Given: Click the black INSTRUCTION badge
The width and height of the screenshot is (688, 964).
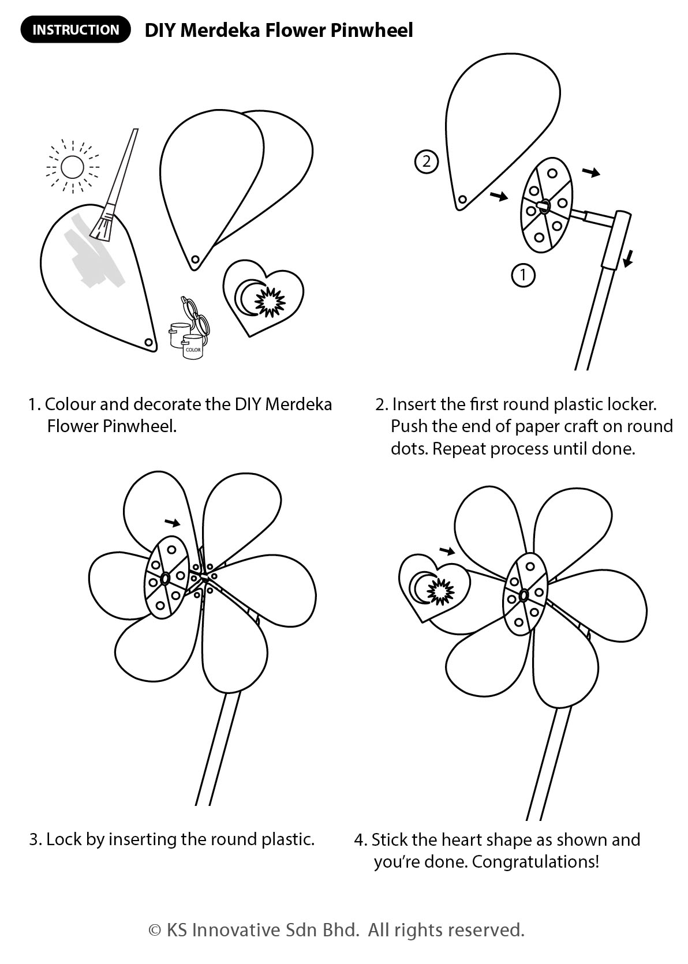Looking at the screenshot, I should [76, 29].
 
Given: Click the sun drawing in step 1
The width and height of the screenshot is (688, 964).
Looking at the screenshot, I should [72, 167].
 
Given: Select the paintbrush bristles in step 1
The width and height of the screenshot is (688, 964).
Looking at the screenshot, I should [102, 226].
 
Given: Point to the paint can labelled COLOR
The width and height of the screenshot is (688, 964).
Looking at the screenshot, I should [193, 347].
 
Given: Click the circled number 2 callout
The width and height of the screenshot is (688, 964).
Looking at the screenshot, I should [427, 162].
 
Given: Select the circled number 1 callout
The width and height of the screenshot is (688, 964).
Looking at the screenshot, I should [523, 275].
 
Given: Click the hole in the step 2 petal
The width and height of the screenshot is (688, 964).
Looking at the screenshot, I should [462, 200].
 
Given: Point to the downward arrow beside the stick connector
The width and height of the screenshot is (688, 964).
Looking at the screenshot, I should [628, 258].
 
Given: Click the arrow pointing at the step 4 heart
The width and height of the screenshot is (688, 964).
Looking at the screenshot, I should [447, 550].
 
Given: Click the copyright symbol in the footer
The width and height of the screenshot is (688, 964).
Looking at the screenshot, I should [155, 930].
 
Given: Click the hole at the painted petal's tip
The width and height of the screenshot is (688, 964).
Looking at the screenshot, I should [148, 342].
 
